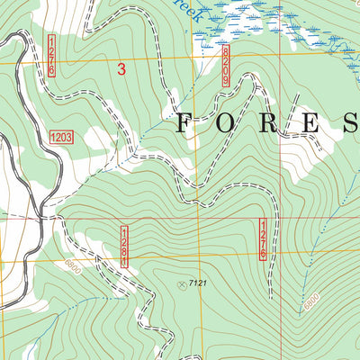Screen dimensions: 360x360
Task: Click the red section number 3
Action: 121,67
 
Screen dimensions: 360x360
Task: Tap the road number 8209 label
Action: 225,67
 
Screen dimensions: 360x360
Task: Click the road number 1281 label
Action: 125,246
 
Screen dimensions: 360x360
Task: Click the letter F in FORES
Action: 184,123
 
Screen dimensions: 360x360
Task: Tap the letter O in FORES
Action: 225,123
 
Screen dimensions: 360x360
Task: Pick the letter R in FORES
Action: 266,123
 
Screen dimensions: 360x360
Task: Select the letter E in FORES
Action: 307,123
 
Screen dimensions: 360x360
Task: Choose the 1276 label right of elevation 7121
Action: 264,240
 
